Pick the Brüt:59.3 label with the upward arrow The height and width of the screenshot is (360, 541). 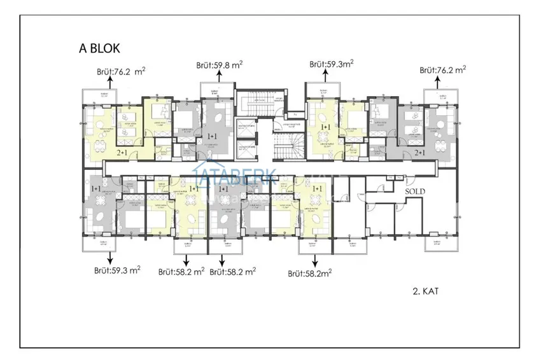(x=331, y=64)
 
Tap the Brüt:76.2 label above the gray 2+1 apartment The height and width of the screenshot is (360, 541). (x=443, y=71)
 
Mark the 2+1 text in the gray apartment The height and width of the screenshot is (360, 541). (x=420, y=153)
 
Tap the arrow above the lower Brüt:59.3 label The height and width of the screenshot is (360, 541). (x=111, y=256)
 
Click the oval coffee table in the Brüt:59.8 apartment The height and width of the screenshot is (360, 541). (x=220, y=120)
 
